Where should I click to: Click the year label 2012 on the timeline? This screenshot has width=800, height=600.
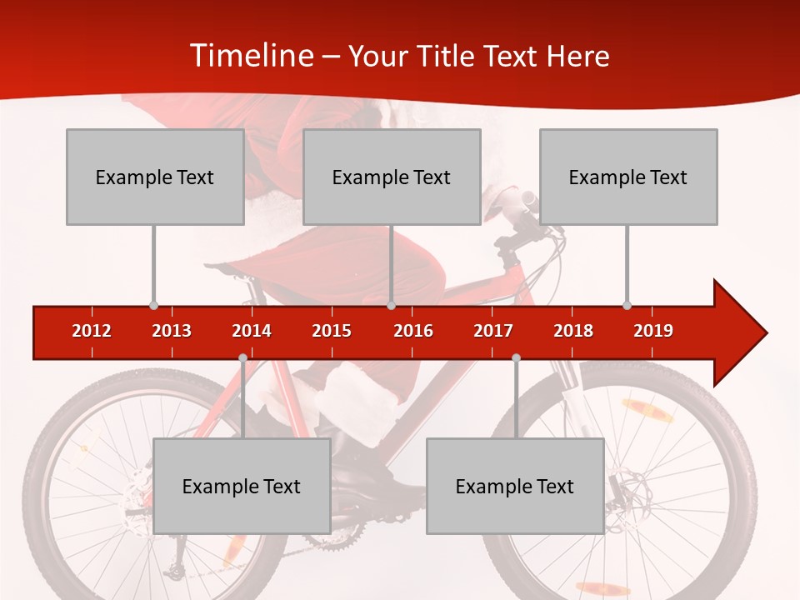click(x=92, y=331)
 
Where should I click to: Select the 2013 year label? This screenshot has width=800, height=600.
click(x=172, y=331)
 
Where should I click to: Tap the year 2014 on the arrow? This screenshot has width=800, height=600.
click(x=252, y=331)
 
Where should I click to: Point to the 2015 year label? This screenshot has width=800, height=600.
click(x=332, y=331)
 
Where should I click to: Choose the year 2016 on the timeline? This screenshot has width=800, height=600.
click(x=413, y=331)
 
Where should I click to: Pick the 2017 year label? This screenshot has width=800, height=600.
click(x=493, y=331)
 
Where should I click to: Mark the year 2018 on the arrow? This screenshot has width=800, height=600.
click(x=573, y=331)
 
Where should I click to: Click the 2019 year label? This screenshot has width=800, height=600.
click(x=653, y=331)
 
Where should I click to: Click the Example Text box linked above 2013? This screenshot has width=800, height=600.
click(x=155, y=177)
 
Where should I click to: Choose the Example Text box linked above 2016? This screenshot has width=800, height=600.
click(x=392, y=177)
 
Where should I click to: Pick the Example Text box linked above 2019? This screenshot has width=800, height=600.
click(x=628, y=177)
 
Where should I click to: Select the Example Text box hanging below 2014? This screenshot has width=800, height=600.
click(x=242, y=486)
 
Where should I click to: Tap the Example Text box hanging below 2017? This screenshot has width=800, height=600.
click(x=515, y=486)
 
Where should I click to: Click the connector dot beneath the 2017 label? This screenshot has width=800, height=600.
click(x=516, y=357)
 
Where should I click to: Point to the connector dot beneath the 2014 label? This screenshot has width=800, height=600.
click(x=242, y=357)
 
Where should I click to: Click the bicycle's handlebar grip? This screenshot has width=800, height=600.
click(x=528, y=200)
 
